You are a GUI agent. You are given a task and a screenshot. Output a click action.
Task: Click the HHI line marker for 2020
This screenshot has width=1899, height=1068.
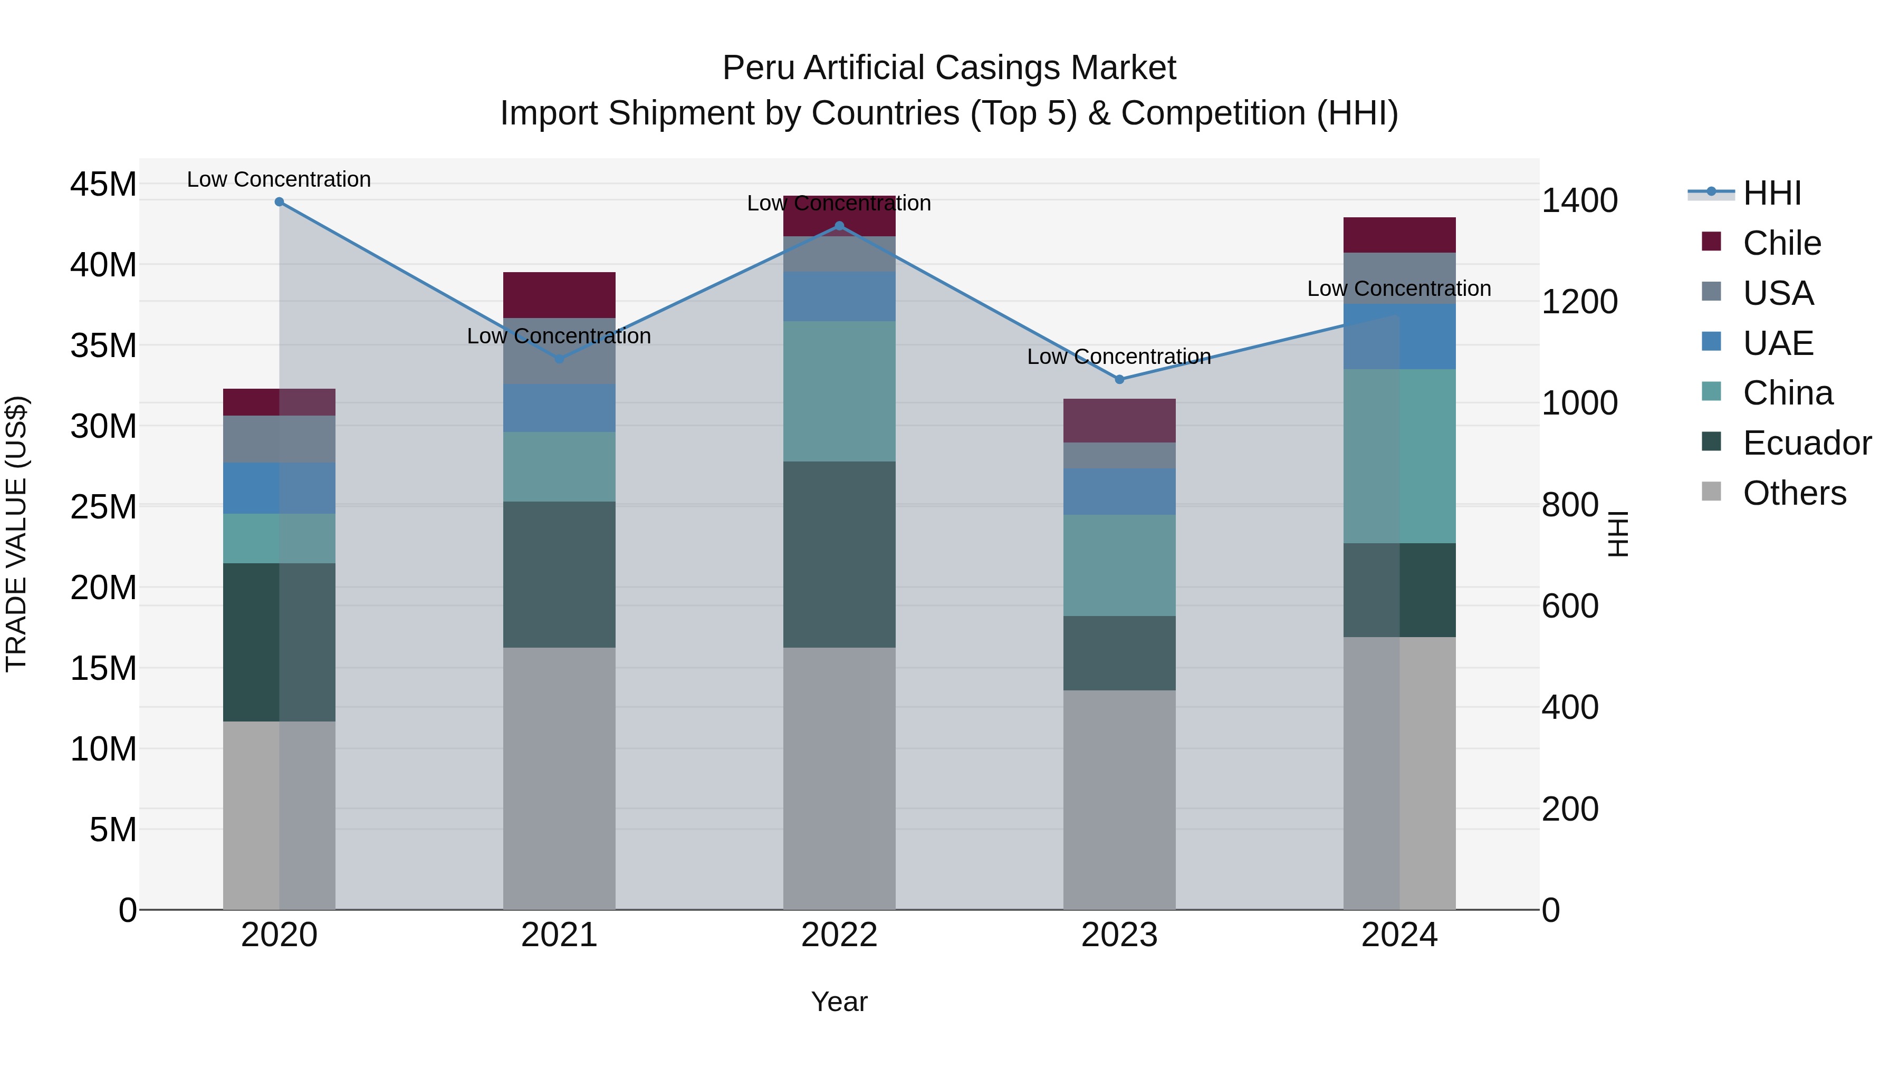(280, 202)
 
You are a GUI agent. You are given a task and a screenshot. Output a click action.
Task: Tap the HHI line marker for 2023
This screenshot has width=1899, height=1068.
(1119, 380)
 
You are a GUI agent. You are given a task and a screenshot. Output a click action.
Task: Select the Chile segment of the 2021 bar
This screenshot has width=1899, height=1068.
(559, 295)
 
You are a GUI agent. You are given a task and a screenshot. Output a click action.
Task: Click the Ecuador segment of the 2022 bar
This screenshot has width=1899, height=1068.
(839, 554)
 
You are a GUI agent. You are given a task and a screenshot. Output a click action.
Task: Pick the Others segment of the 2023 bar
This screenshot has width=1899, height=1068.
(1119, 800)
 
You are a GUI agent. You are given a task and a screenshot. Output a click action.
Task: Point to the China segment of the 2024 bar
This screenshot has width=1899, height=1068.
(1399, 456)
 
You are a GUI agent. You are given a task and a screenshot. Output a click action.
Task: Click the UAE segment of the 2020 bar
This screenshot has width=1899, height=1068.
(280, 488)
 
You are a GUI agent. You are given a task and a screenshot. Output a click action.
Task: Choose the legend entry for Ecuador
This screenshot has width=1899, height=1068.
(1806, 443)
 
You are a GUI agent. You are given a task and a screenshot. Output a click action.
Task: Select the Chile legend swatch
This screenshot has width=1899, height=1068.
(1711, 242)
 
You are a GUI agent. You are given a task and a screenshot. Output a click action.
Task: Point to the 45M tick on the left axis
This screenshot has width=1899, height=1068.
(103, 184)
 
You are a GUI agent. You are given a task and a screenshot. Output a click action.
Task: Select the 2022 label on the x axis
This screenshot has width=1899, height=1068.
(839, 935)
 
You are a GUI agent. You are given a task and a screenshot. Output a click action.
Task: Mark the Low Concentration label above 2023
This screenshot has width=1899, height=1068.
(1119, 357)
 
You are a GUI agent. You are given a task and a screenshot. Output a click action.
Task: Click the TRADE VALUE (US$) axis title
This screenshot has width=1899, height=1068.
(16, 534)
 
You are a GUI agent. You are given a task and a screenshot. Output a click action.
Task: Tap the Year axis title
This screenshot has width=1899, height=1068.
(839, 1002)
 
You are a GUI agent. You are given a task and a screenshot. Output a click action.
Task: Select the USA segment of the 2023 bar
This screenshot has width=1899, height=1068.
(1119, 456)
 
